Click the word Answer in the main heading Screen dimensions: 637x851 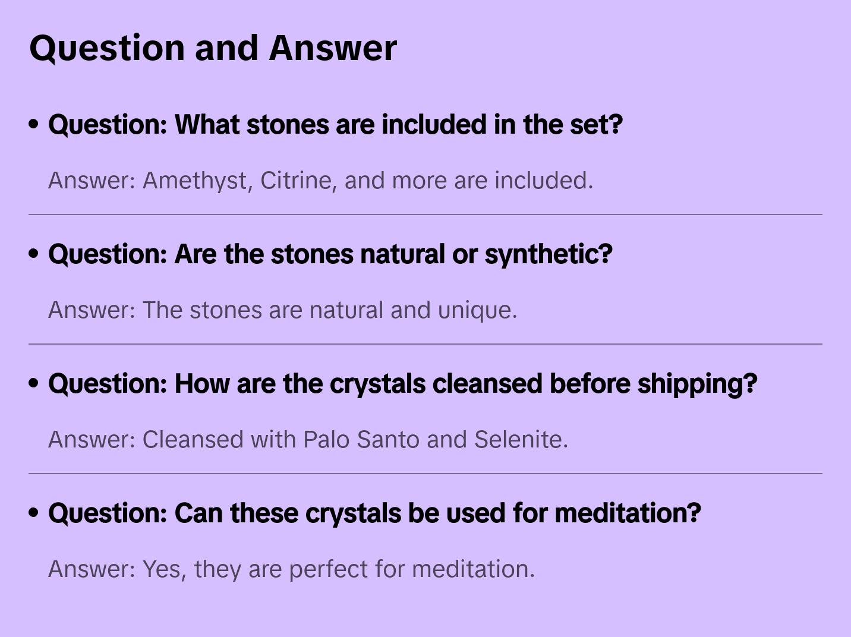click(333, 48)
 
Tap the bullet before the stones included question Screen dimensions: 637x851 click(34, 124)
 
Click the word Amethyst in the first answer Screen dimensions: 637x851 click(195, 181)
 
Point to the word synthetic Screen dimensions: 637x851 click(548, 254)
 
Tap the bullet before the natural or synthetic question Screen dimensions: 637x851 click(34, 254)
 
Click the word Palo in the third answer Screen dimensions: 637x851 click(326, 440)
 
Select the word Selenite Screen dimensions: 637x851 click(521, 440)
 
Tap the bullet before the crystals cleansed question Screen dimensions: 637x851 click(34, 383)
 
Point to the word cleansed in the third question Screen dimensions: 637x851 click(487, 384)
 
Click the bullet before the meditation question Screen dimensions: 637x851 click(34, 513)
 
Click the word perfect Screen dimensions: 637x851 click(328, 569)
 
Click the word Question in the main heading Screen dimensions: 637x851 click(107, 48)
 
